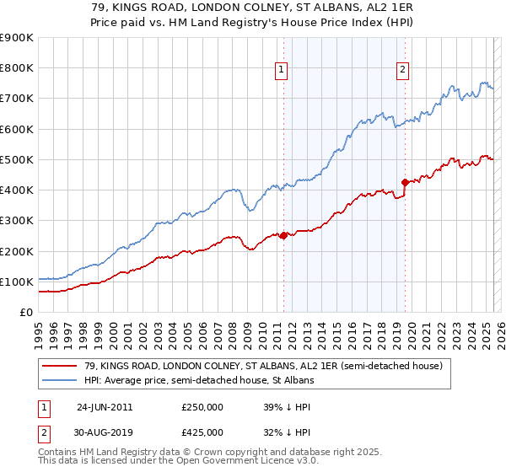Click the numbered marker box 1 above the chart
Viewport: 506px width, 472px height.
click(280, 70)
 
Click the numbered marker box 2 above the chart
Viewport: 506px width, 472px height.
click(403, 70)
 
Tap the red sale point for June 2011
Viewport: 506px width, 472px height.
click(283, 236)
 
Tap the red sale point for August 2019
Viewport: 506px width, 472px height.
click(405, 182)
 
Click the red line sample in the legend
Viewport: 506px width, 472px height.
click(60, 366)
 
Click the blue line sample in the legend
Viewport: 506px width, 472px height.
click(60, 380)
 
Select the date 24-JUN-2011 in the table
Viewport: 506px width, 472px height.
click(105, 407)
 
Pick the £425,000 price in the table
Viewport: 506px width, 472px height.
click(202, 432)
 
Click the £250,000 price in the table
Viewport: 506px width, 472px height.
click(202, 407)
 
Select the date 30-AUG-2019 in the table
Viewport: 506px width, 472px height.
click(105, 432)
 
